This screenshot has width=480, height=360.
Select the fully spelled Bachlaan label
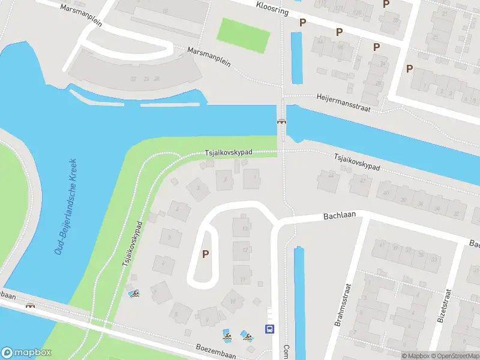pos(340,215)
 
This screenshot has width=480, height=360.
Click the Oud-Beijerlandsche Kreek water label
pos(65,206)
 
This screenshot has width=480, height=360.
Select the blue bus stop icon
pos(269,329)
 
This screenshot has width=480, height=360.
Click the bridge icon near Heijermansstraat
pos(281,122)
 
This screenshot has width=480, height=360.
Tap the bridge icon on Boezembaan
pos(29,305)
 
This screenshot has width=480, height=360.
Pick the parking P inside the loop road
pos(206,254)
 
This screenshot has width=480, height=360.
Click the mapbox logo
pos(26,352)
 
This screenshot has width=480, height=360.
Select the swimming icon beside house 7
pos(134,293)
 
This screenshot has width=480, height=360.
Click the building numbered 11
pos(242,278)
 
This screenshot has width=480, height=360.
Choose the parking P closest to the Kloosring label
pos(303,23)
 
